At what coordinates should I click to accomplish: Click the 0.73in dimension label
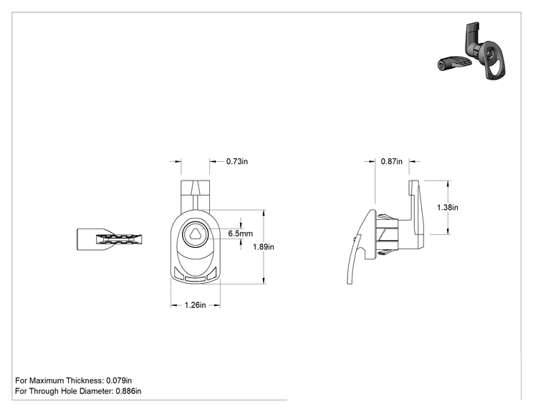[237, 161]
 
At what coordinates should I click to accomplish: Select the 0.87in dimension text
[391, 161]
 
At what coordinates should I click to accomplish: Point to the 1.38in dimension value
[447, 207]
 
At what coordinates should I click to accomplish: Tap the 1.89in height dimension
[263, 246]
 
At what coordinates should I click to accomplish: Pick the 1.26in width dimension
[195, 305]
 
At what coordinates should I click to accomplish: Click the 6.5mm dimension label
[240, 234]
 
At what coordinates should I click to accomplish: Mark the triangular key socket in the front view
[195, 234]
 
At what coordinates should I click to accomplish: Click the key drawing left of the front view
[109, 239]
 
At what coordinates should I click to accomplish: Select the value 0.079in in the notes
[119, 380]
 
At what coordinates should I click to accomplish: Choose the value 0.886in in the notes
[128, 391]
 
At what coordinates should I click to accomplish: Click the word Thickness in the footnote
[85, 380]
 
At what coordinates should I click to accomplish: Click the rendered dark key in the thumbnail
[454, 64]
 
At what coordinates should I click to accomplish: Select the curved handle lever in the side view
[360, 247]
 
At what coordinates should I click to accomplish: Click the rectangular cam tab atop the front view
[195, 195]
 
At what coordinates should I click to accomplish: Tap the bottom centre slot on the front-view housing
[195, 278]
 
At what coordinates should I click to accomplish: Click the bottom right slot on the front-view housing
[211, 273]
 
